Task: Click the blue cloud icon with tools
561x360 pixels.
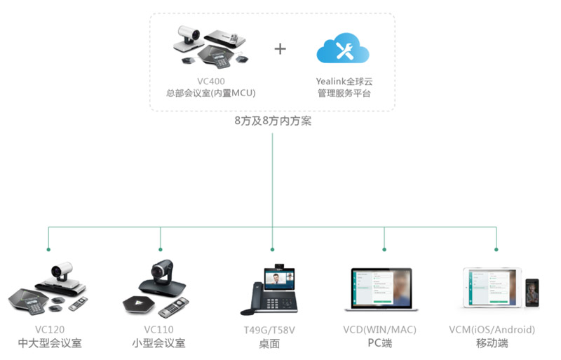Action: [343, 48]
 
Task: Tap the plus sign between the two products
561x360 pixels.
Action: [280, 48]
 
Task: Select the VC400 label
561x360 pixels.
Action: [210, 81]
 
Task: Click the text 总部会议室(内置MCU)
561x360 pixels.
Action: [210, 93]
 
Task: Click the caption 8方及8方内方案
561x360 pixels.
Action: [273, 121]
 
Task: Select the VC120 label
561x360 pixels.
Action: [48, 329]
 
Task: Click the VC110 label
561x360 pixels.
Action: [160, 329]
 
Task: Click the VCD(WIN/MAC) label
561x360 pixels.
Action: [384, 329]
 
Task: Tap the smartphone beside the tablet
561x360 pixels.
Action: [532, 290]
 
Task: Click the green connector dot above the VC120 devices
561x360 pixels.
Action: [48, 249]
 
